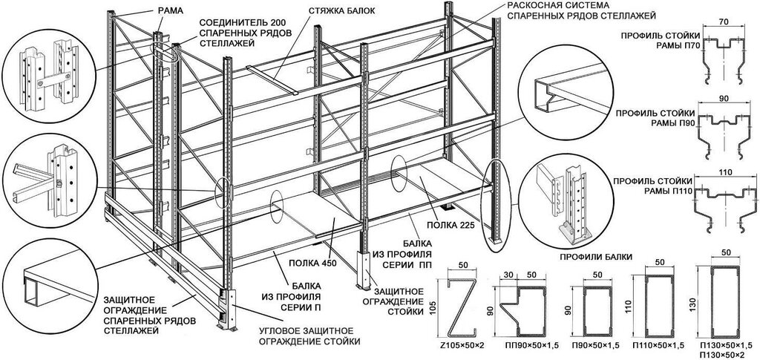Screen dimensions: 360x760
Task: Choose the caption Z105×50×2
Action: pos(460,346)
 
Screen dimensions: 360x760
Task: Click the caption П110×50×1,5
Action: pos(656,346)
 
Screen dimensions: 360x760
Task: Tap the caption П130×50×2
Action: pos(720,355)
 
